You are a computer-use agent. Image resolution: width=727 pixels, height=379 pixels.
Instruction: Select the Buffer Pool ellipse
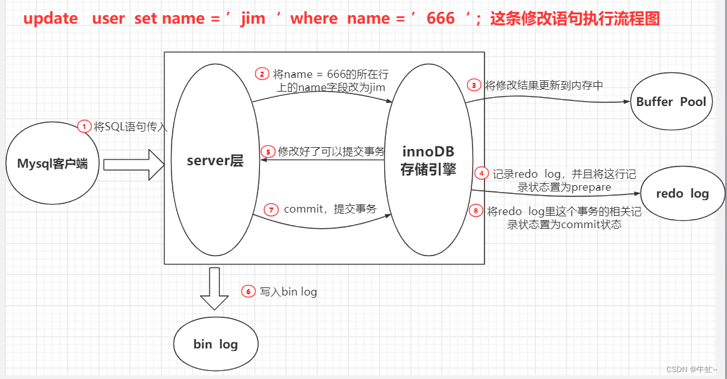(x=671, y=102)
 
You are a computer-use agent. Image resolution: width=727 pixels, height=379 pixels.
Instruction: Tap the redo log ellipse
(x=682, y=193)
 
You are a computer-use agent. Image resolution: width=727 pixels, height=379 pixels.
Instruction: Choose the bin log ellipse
(x=216, y=344)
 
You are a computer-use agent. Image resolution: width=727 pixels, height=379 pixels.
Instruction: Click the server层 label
(x=215, y=160)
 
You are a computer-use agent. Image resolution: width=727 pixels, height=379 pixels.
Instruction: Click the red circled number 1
(x=84, y=127)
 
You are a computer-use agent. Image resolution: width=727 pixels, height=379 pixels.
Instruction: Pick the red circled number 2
(x=262, y=74)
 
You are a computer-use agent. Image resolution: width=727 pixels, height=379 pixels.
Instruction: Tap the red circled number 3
(x=474, y=85)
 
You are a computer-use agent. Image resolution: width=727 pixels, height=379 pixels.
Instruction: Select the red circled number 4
(x=481, y=173)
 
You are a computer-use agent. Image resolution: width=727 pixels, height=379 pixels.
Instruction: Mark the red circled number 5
(x=267, y=151)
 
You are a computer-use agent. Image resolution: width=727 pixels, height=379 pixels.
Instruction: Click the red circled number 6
(x=248, y=291)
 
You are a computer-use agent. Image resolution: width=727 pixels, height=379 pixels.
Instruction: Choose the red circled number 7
(x=271, y=209)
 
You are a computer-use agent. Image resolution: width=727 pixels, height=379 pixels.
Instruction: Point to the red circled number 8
(x=476, y=211)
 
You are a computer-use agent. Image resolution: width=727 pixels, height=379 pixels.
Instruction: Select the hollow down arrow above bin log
(x=214, y=288)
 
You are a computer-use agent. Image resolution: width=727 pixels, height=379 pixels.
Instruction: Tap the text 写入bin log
(x=288, y=291)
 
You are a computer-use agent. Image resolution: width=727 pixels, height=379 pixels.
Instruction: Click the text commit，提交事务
(x=330, y=209)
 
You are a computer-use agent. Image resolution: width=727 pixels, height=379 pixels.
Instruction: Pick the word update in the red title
(x=51, y=19)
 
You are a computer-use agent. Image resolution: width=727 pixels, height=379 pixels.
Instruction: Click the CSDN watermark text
(x=691, y=369)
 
